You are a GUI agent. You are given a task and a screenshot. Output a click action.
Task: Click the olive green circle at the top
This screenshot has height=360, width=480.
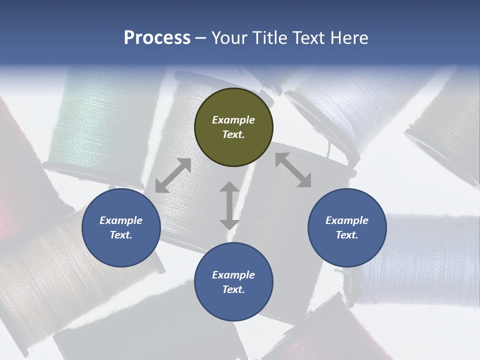[233, 127]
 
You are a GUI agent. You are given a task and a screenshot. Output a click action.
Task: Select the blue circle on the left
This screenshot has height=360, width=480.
[121, 228]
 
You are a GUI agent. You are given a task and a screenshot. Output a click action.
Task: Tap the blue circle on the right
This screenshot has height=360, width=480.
[347, 228]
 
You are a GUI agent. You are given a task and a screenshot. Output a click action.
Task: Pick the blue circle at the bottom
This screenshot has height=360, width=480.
[233, 282]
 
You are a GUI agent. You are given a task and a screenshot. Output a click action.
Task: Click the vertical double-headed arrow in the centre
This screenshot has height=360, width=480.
[229, 205]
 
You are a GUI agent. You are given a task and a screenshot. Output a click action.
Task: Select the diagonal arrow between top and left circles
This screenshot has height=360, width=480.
[173, 175]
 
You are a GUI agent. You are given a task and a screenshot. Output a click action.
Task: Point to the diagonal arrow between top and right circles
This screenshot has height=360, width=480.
[293, 170]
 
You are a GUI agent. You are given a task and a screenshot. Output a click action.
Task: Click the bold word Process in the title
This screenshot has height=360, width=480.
[157, 38]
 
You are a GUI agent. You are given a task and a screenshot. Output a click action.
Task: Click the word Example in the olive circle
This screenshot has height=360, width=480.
[233, 120]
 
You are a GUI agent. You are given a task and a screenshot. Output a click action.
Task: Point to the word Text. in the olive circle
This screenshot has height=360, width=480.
[233, 134]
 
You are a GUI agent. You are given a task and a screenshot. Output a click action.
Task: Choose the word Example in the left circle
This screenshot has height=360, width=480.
[121, 220]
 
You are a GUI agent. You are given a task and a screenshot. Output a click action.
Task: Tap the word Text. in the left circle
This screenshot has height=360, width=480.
[121, 235]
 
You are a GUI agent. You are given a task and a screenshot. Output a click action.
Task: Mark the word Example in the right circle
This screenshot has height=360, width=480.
[347, 220]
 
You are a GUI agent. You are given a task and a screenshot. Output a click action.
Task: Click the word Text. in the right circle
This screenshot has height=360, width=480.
[347, 235]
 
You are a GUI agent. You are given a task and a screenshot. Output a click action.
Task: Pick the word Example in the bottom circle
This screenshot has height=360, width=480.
[233, 275]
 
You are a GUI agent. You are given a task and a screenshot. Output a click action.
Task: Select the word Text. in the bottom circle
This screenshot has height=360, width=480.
[233, 289]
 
